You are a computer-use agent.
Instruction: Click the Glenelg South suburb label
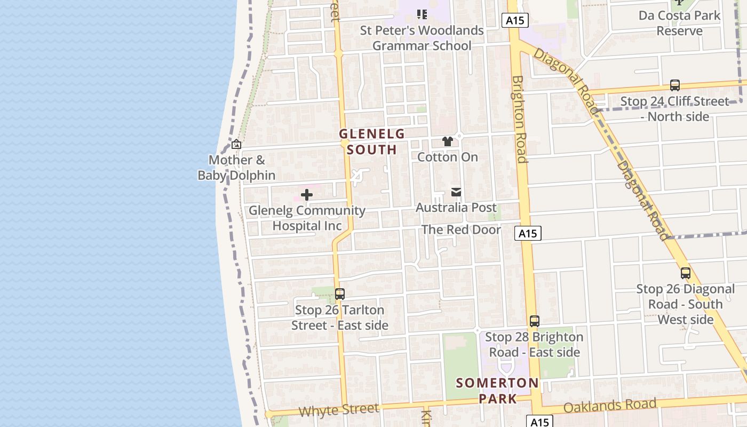coord(372,141)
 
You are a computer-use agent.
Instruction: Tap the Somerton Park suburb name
coord(497,390)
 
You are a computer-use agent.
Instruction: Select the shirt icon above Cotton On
coord(447,141)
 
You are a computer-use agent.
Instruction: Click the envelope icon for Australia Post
coord(456,192)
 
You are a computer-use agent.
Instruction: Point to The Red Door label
coord(461,230)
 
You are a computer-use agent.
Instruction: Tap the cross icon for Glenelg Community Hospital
coord(307,195)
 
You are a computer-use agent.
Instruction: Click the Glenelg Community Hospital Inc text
coord(307,218)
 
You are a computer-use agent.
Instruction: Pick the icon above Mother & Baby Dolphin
coord(236,144)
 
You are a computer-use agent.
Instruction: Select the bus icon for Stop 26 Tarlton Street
coord(339,294)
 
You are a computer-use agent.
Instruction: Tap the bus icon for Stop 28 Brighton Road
coord(535,321)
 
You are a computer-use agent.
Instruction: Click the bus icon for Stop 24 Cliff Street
coord(675,85)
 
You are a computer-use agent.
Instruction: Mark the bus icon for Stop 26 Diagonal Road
coord(686,273)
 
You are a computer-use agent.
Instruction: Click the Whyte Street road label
coord(339,410)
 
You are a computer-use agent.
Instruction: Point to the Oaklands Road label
coord(609,406)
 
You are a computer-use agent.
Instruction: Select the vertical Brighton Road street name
coord(519,119)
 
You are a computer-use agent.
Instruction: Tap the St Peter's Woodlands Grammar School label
coord(422,38)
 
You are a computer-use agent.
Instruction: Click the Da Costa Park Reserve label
coord(679,23)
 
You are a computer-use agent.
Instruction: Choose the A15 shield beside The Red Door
coord(528,233)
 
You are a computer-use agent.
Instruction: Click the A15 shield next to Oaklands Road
coord(539,422)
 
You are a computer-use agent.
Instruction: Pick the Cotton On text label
coord(447,157)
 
